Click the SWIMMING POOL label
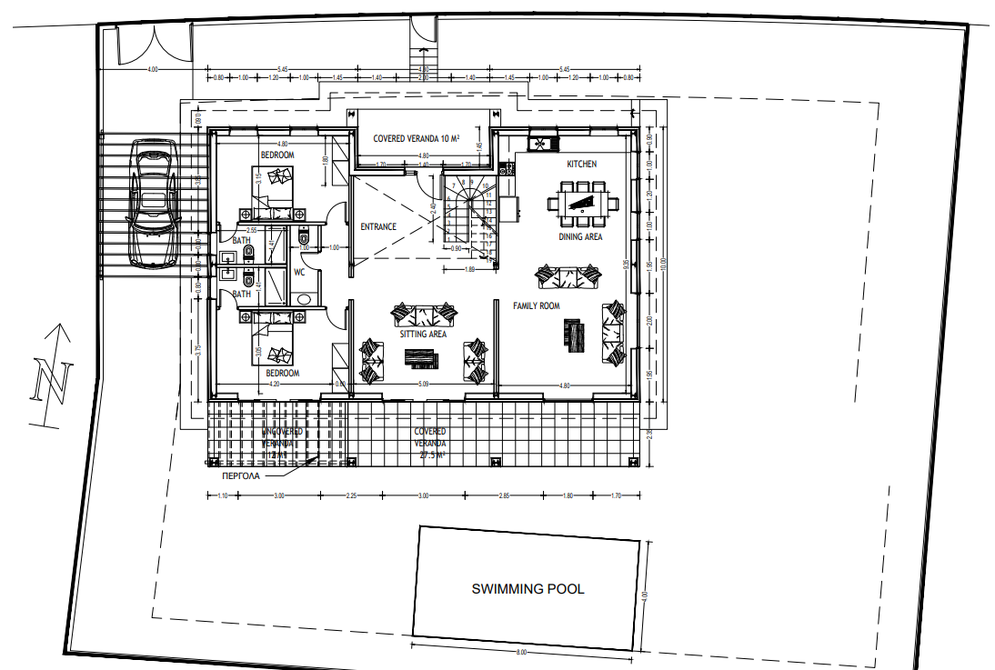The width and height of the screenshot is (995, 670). point(528,589)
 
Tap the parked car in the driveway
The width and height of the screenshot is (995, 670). point(152,203)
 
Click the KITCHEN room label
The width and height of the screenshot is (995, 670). point(582,164)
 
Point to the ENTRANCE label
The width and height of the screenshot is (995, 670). point(378,226)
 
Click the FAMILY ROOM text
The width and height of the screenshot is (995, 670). point(537,306)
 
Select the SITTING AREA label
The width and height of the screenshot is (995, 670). point(423,335)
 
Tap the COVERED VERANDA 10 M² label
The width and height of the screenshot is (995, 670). point(417,139)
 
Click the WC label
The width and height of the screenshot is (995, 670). point(297,270)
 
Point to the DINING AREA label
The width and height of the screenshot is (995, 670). point(580,237)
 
